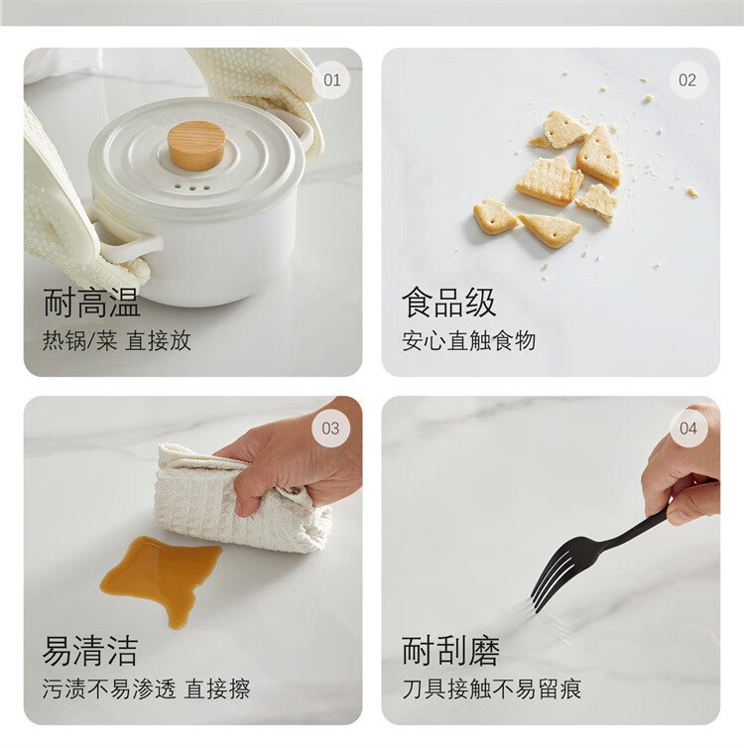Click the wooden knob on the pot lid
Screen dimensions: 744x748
pyautogui.click(x=196, y=146)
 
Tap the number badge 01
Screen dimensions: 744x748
pyautogui.click(x=331, y=80)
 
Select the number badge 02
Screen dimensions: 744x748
pyautogui.click(x=687, y=80)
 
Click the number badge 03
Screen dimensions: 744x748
pyautogui.click(x=330, y=428)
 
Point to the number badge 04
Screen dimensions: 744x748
pyautogui.click(x=688, y=428)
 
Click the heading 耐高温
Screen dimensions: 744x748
pyautogui.click(x=91, y=303)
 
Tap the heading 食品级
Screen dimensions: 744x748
pyautogui.click(x=449, y=303)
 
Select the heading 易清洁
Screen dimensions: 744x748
pyautogui.click(x=90, y=651)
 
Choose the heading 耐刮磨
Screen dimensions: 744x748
pyautogui.click(x=450, y=651)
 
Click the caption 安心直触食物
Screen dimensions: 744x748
pyautogui.click(x=469, y=341)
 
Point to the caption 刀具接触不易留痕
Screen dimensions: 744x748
pyautogui.click(x=492, y=688)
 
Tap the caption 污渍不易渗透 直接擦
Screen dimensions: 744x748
pyautogui.click(x=146, y=688)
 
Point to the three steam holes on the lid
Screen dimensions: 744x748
pyautogui.click(x=192, y=187)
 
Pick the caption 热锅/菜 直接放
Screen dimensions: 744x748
pyautogui.click(x=117, y=341)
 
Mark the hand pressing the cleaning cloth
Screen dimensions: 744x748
pyautogui.click(x=292, y=458)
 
